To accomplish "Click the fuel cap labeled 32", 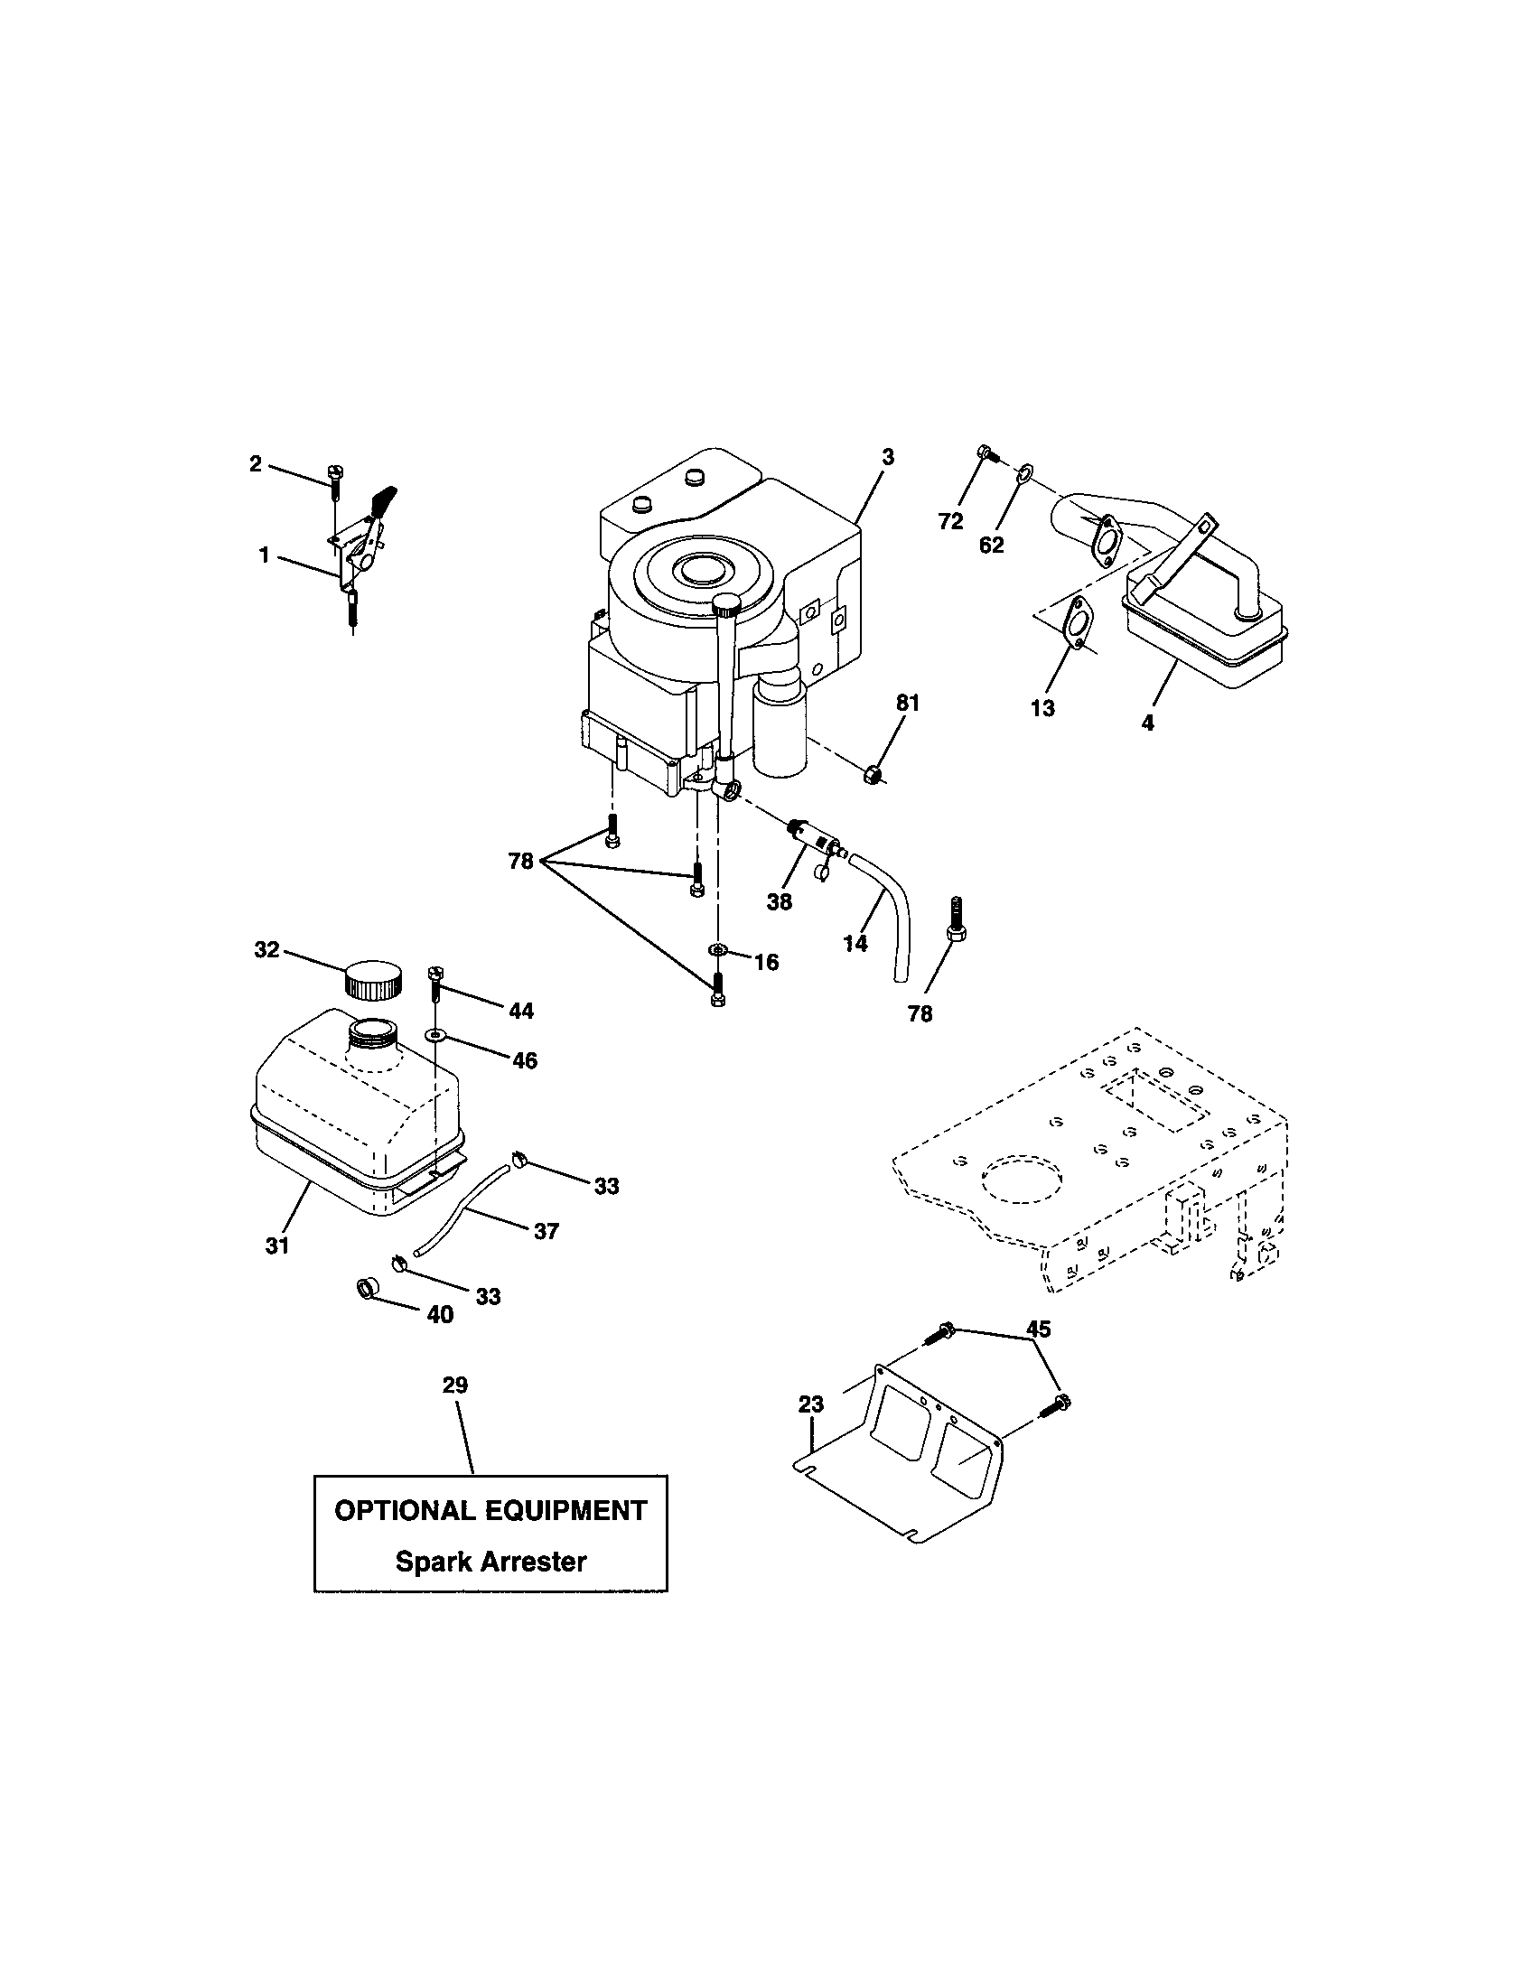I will coord(372,980).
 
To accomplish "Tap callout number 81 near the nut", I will coord(908,704).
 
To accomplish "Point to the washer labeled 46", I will coord(437,1035).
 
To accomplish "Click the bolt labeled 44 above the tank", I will coord(434,983).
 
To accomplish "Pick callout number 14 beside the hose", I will coord(855,944).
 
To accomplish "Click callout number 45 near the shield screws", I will coord(1038,1329).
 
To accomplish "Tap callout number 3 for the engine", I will coord(888,458).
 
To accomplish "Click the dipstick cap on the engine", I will coord(728,603).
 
